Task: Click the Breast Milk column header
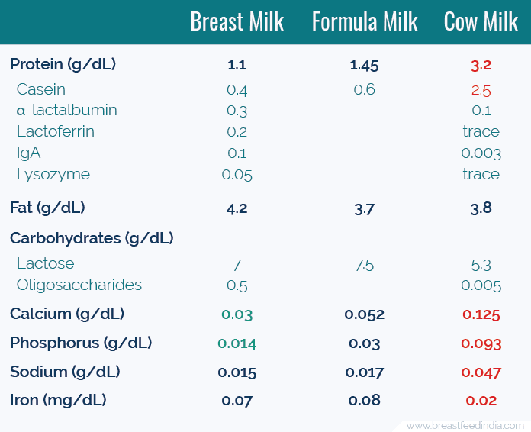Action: (237, 22)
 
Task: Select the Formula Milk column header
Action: (365, 22)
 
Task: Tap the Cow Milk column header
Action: (481, 22)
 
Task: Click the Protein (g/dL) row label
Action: (63, 64)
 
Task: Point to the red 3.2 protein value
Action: (481, 66)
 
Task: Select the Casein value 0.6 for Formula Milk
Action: (365, 89)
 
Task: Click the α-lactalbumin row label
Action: (67, 110)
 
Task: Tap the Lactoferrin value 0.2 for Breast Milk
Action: (237, 131)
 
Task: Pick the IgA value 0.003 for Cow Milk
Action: (481, 153)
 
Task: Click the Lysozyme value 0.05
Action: (237, 174)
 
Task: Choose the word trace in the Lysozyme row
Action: (481, 174)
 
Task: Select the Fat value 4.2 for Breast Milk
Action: (237, 208)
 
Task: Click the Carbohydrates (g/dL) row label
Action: (92, 238)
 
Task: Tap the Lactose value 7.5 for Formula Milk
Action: (365, 265)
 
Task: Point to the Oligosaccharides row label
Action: (79, 285)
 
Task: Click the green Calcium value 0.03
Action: (237, 314)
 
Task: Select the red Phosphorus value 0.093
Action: (481, 343)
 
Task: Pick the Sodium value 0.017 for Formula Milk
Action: (365, 372)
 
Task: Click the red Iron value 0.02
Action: (481, 401)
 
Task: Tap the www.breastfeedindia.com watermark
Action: (465, 424)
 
